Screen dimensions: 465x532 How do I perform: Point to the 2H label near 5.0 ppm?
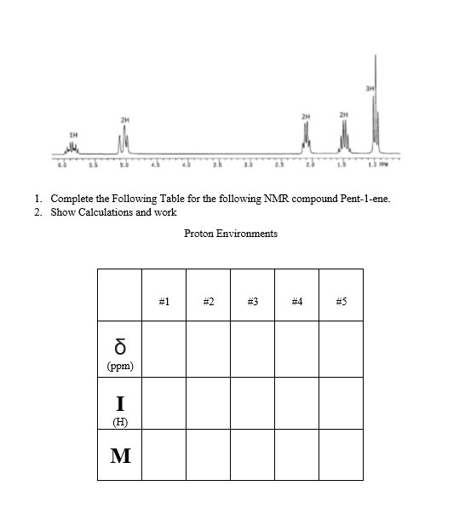[x=124, y=119]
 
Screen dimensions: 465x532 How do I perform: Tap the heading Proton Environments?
[x=231, y=234]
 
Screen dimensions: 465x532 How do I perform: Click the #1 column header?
[x=164, y=301]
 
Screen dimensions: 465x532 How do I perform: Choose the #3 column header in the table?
[x=253, y=301]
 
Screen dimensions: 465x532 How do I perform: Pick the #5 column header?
[x=341, y=301]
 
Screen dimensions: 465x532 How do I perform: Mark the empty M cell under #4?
[x=297, y=454]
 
